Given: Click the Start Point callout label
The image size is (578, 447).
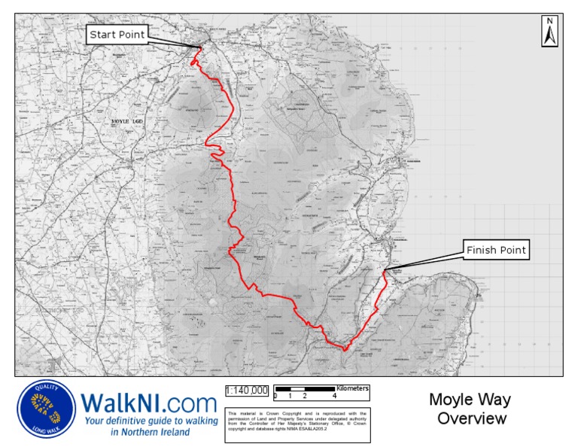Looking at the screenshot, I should pos(117,34).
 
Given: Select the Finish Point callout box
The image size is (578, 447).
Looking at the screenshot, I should pos(497,250).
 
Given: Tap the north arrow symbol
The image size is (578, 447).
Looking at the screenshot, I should pos(549,35).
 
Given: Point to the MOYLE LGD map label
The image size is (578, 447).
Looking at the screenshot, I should pos(126,121).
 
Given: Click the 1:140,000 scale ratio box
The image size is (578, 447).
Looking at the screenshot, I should pos(246,390).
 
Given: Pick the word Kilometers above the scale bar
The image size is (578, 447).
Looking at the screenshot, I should pos(352,388).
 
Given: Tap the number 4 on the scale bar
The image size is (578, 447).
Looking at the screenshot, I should pos(334,396).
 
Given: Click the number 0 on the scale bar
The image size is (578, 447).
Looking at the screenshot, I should pos(275,396).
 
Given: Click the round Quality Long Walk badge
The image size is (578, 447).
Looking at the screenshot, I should pos(47,409).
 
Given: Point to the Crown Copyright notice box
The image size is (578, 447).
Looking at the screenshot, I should pos(297,421).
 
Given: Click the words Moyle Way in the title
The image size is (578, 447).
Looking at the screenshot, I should pos(470,400).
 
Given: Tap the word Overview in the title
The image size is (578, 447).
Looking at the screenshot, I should pos(472,418).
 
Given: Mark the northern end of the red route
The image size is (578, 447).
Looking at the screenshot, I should pos(200,48).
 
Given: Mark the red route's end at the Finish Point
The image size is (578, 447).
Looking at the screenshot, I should pos(385,270).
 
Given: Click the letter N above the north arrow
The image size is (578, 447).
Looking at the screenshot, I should pos(550,21).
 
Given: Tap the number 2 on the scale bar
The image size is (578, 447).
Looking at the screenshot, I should pos(305,396).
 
